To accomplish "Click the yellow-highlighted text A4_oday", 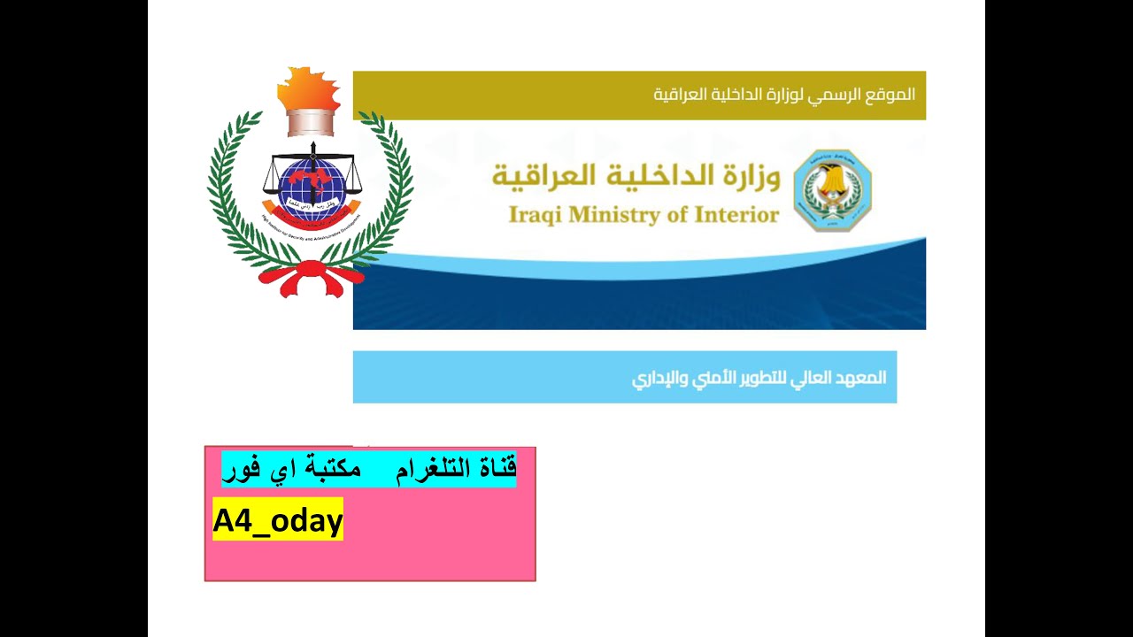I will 277,520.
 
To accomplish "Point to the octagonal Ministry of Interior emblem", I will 832,190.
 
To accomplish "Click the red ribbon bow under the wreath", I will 311,276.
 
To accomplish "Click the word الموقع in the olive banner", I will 894,95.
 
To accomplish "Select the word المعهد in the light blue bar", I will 863,378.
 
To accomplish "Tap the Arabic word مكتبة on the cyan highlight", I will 333,468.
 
